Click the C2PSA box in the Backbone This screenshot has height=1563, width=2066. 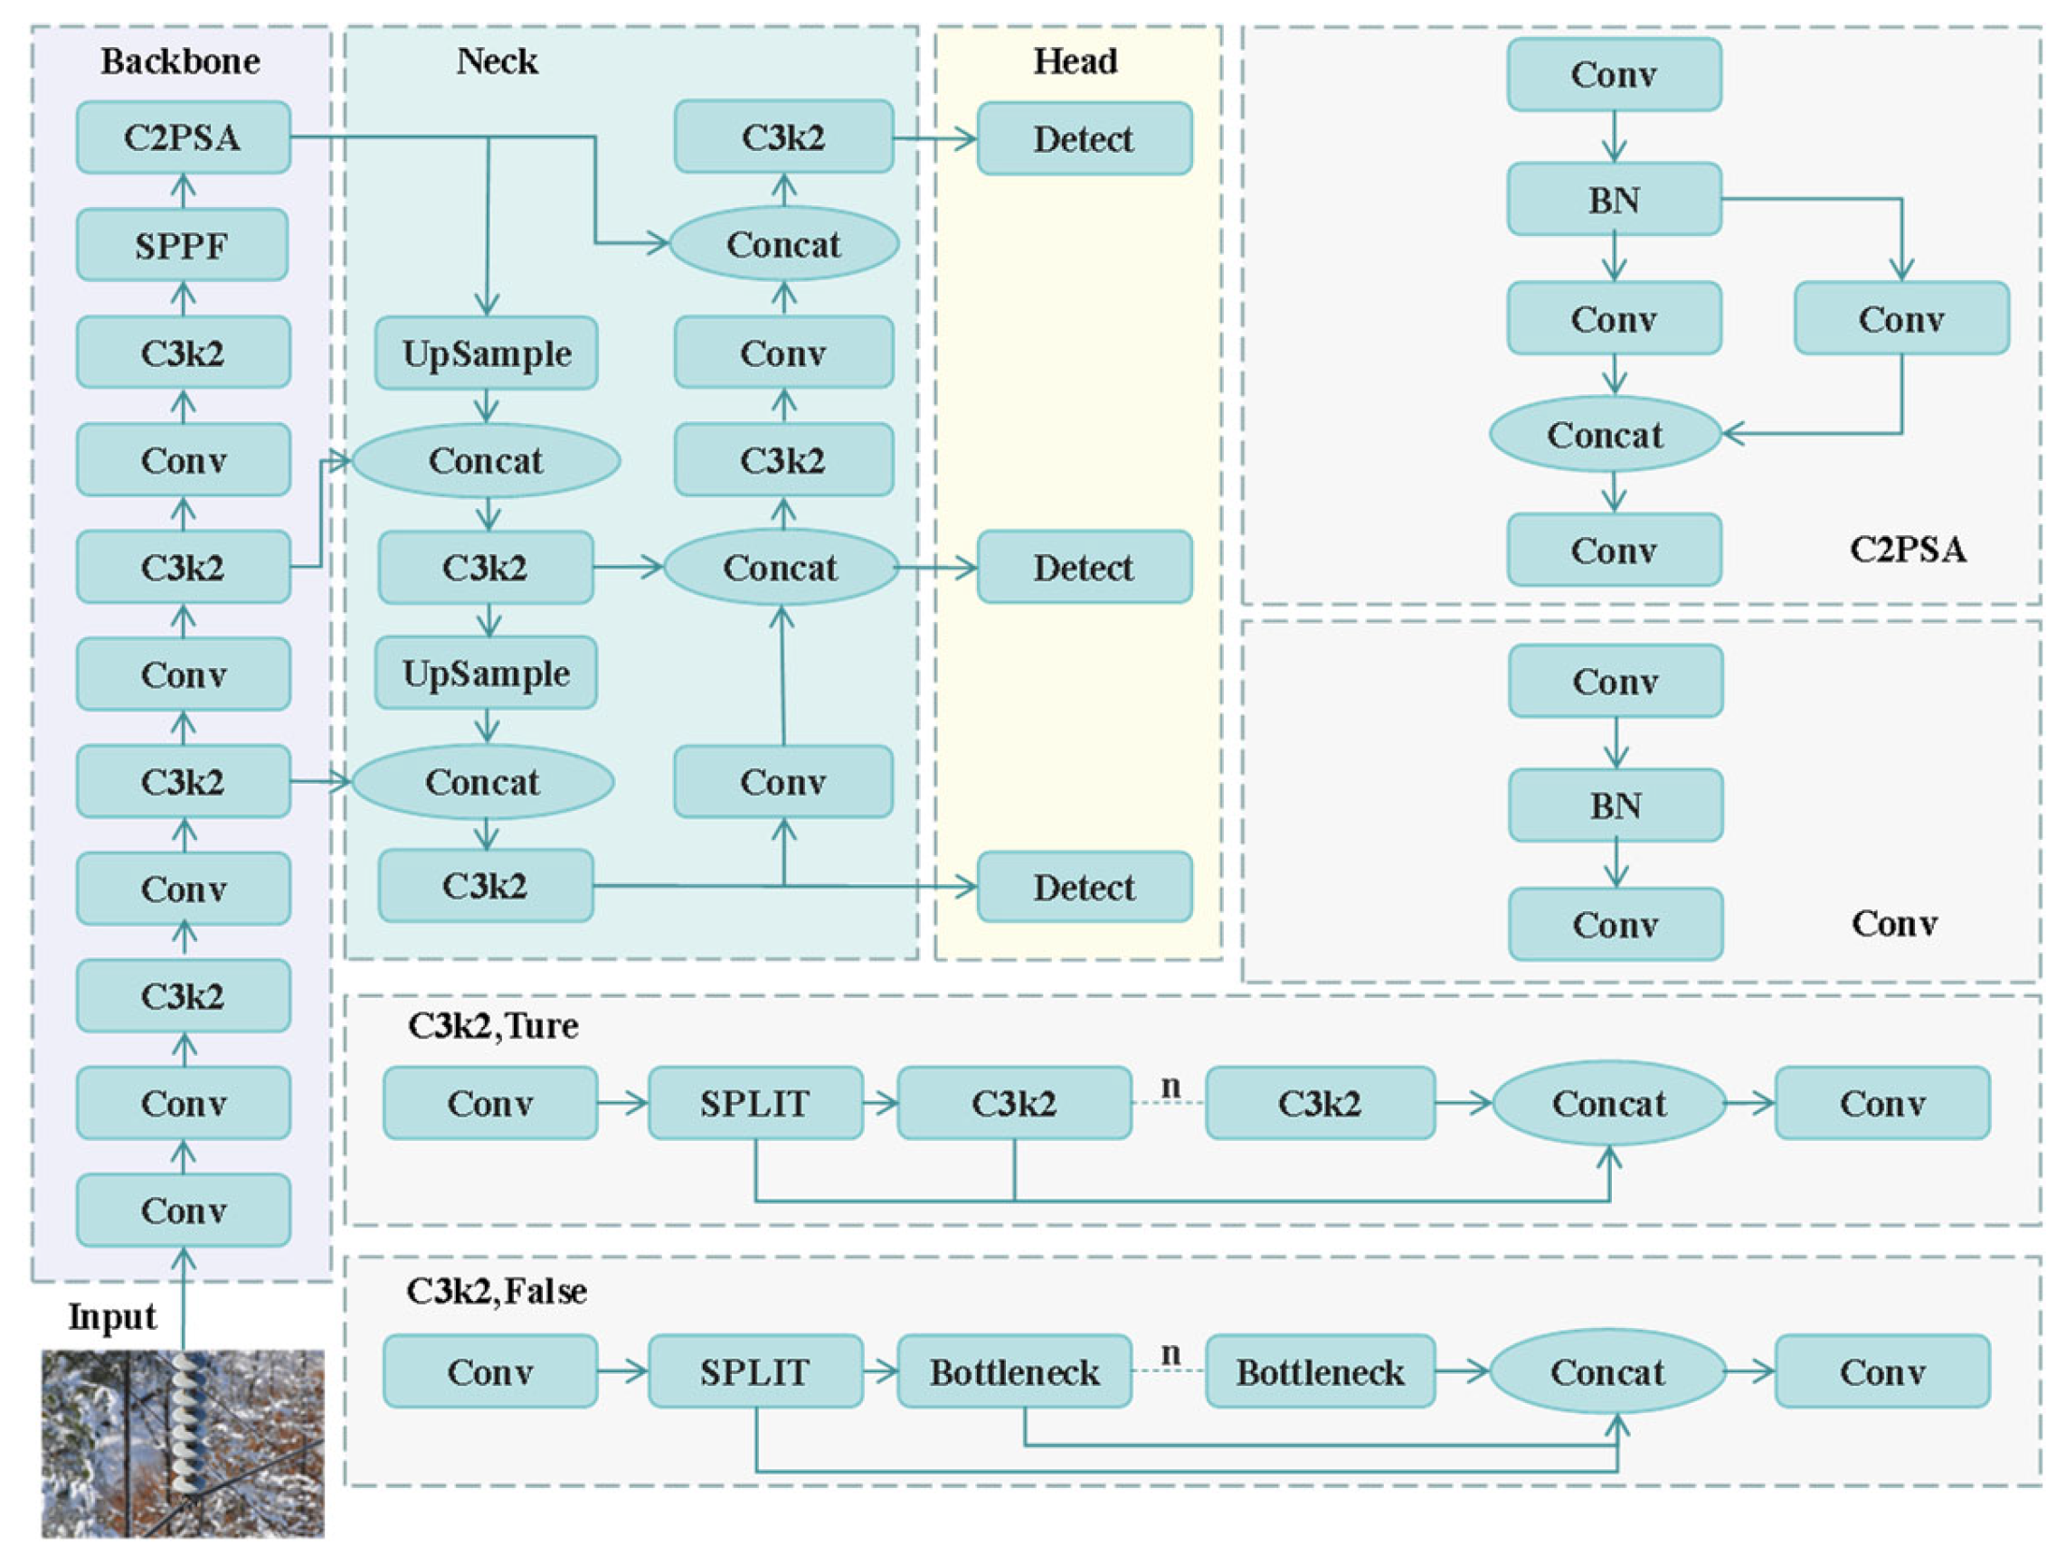[x=183, y=138]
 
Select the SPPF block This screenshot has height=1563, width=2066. [x=182, y=246]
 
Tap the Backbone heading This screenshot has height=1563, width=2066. [x=180, y=61]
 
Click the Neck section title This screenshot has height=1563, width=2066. [x=496, y=61]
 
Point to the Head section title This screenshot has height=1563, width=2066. [x=1075, y=61]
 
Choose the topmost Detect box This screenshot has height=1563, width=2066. [x=1084, y=139]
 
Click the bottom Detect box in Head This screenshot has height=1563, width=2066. [x=1084, y=887]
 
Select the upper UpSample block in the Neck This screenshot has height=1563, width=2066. [x=487, y=353]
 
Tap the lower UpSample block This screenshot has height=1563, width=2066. [x=487, y=673]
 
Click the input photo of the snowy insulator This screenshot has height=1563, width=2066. [x=183, y=1443]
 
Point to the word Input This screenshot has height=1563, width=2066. [x=112, y=1316]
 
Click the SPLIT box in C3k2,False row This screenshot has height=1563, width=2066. [x=754, y=1371]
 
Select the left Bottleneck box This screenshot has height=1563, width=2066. [x=1014, y=1371]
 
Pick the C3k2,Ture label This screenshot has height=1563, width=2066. [x=493, y=1026]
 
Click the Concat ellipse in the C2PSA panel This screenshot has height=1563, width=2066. [x=1605, y=435]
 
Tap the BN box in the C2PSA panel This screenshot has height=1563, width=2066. [x=1614, y=200]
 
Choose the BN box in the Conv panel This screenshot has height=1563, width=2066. [x=1616, y=805]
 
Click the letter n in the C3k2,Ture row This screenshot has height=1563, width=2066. [x=1170, y=1086]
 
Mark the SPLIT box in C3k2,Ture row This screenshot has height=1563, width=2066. [x=754, y=1104]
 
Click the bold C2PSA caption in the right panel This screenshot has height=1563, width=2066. [x=1907, y=549]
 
